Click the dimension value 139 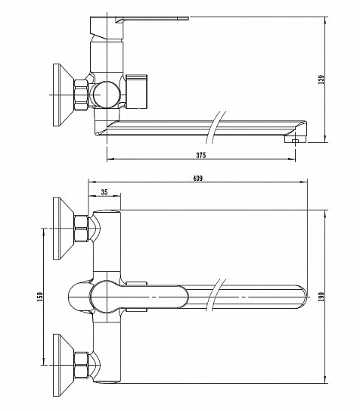(x=321, y=79)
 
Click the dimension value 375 (x=201, y=155)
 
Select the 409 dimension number (x=197, y=178)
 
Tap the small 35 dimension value (x=104, y=192)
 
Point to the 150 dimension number (x=40, y=297)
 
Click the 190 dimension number (x=321, y=297)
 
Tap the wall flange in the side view (x=63, y=95)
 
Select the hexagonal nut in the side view (x=81, y=95)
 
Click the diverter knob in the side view (x=136, y=92)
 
